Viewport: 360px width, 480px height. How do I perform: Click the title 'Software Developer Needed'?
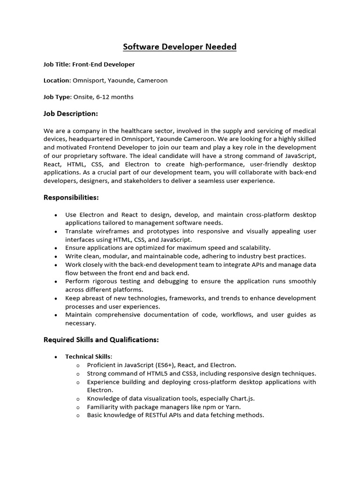[x=180, y=47]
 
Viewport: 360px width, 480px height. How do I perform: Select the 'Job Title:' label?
[x=57, y=64]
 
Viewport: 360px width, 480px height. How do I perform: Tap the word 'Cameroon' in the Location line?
[x=153, y=81]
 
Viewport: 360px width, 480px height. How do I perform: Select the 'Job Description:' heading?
[x=71, y=114]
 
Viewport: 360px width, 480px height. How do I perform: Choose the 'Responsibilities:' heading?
[x=71, y=198]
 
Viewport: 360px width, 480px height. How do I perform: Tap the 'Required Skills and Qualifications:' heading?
[x=101, y=340]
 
